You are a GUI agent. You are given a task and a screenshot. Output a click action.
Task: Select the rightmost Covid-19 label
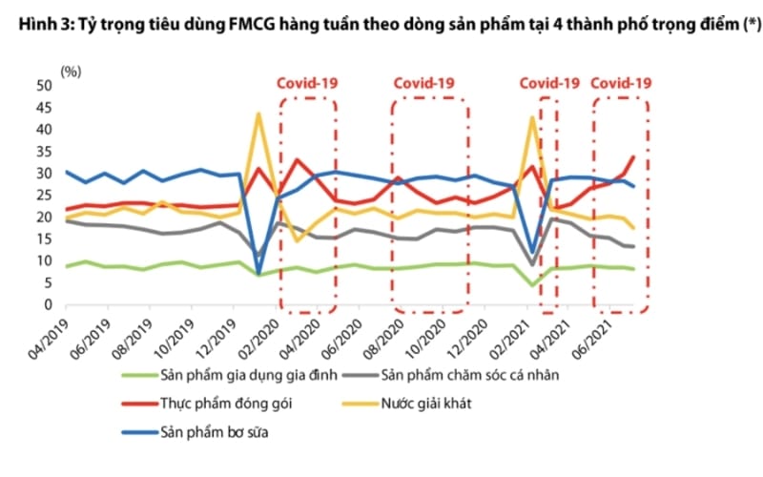(621, 83)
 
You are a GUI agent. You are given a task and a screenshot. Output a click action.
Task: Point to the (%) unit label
(71, 71)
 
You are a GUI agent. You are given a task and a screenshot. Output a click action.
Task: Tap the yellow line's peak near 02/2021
(532, 117)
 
